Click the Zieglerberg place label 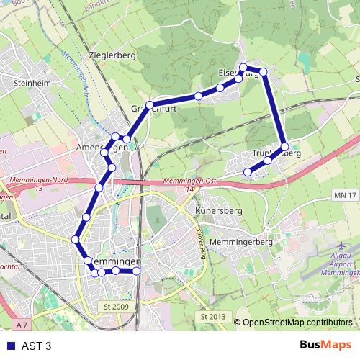click(112, 55)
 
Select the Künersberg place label click(215, 211)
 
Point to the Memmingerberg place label click(241, 243)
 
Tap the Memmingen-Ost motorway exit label click(180, 181)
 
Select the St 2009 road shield click(115, 306)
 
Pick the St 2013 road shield click(213, 317)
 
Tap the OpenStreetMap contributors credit click(297, 323)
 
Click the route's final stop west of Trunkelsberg click(248, 171)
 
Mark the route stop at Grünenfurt click(150, 105)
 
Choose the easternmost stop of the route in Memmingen click(135, 271)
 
